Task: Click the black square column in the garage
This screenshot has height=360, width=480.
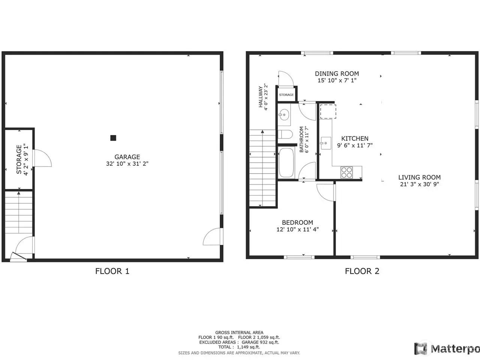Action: tap(113, 138)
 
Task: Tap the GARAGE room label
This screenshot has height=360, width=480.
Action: tap(127, 157)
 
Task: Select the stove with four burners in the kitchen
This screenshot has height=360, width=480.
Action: tap(346, 172)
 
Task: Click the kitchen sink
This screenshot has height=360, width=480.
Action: tap(326, 143)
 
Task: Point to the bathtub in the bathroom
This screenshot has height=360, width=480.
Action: tap(286, 163)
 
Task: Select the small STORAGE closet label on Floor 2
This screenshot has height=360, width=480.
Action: tap(286, 95)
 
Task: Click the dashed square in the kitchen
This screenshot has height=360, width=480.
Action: tap(328, 111)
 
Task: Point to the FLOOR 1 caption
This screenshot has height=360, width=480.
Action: tap(112, 271)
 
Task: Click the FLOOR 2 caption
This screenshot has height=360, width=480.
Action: tap(362, 271)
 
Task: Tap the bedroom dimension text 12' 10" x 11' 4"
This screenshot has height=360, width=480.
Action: tap(298, 229)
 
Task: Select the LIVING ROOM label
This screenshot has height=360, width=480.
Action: tap(419, 177)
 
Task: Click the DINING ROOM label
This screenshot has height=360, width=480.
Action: tap(337, 73)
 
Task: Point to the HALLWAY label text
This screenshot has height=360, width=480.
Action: tap(261, 97)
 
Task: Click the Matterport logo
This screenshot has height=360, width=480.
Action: tap(447, 349)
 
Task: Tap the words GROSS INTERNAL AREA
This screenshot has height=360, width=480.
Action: tap(239, 333)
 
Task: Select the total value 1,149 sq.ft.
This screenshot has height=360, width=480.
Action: tap(248, 347)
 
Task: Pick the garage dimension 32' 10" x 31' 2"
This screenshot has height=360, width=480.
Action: tap(127, 164)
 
